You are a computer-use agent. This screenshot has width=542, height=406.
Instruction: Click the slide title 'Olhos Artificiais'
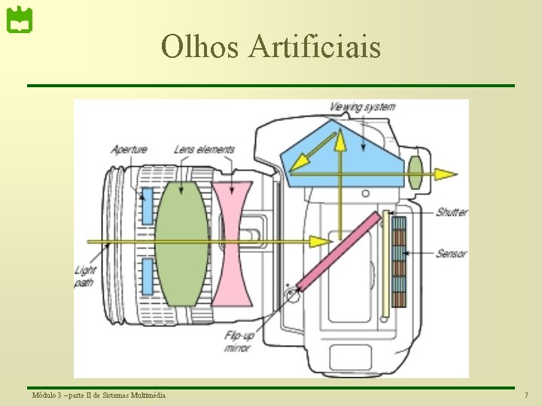[x=271, y=47]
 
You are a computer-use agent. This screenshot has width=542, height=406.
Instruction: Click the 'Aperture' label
[x=129, y=149]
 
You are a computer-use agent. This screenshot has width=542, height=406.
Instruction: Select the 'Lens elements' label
[x=204, y=149]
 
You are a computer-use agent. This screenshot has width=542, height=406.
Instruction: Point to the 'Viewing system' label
[x=362, y=107]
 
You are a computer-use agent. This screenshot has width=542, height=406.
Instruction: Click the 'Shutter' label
[x=451, y=212]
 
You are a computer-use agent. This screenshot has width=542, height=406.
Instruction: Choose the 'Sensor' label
[x=451, y=254]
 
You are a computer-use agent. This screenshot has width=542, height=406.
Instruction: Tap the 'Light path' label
[x=84, y=276]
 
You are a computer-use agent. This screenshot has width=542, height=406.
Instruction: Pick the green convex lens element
[x=181, y=243]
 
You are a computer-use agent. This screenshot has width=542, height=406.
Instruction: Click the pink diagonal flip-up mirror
[x=339, y=250]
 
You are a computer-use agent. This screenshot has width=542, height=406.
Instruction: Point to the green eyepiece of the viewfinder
[x=416, y=173]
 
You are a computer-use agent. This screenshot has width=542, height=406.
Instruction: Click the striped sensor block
[x=400, y=263]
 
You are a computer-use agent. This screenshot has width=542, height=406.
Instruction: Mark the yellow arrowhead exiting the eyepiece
[x=447, y=174]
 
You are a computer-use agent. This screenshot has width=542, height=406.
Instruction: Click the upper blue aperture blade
[x=148, y=208]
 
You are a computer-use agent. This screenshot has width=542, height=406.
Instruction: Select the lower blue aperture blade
[x=148, y=276]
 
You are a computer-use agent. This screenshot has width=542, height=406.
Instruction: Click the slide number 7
[x=526, y=395]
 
